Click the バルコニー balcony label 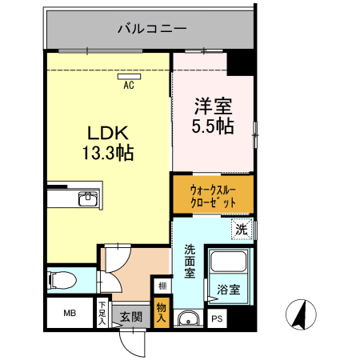[x=152, y=29]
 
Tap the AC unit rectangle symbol [x=129, y=77]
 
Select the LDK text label [x=108, y=133]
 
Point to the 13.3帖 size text [x=108, y=153]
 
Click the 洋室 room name [x=213, y=106]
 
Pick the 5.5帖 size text [x=213, y=126]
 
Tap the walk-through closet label [x=213, y=197]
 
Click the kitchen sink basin [x=88, y=198]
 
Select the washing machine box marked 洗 [x=242, y=229]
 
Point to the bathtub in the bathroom [x=228, y=261]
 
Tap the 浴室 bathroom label [x=229, y=290]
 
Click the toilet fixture [x=62, y=280]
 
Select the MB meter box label [x=70, y=313]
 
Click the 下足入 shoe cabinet [x=102, y=313]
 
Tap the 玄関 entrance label [x=131, y=317]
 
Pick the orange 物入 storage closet [x=162, y=313]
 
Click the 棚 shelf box [x=162, y=286]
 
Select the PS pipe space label [x=217, y=318]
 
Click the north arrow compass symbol [x=301, y=314]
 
